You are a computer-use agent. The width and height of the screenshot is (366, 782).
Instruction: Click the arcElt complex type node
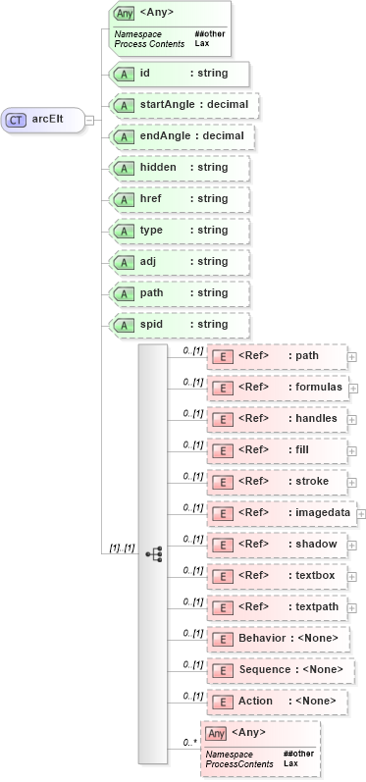pyautogui.click(x=43, y=120)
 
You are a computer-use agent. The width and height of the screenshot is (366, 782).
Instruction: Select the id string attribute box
pyautogui.click(x=180, y=74)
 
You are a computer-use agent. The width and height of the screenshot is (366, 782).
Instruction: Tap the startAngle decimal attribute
pyautogui.click(x=183, y=105)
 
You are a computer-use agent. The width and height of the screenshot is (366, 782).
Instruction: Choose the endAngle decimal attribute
pyautogui.click(x=182, y=136)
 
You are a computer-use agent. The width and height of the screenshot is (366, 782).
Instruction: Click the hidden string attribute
pyautogui.click(x=180, y=168)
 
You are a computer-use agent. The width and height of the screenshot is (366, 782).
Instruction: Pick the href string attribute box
pyautogui.click(x=180, y=199)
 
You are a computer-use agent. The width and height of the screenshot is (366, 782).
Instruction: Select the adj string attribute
pyautogui.click(x=180, y=262)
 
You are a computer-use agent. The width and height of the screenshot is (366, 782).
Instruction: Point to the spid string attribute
pyautogui.click(x=180, y=325)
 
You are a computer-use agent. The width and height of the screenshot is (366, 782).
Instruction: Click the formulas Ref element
pyautogui.click(x=277, y=388)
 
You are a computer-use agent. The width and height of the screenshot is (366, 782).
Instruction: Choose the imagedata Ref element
pyautogui.click(x=281, y=512)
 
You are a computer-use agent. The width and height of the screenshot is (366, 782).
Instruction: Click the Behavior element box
pyautogui.click(x=277, y=639)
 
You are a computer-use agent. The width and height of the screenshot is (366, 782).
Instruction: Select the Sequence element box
pyautogui.click(x=280, y=670)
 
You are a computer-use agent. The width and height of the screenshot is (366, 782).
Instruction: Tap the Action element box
pyautogui.click(x=276, y=702)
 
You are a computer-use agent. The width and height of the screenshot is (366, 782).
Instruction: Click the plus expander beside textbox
pyautogui.click(x=353, y=576)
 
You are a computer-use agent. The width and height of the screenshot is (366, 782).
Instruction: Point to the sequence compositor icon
pyautogui.click(x=153, y=553)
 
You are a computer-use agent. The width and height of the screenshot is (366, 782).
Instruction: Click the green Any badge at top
pyautogui.click(x=124, y=14)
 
